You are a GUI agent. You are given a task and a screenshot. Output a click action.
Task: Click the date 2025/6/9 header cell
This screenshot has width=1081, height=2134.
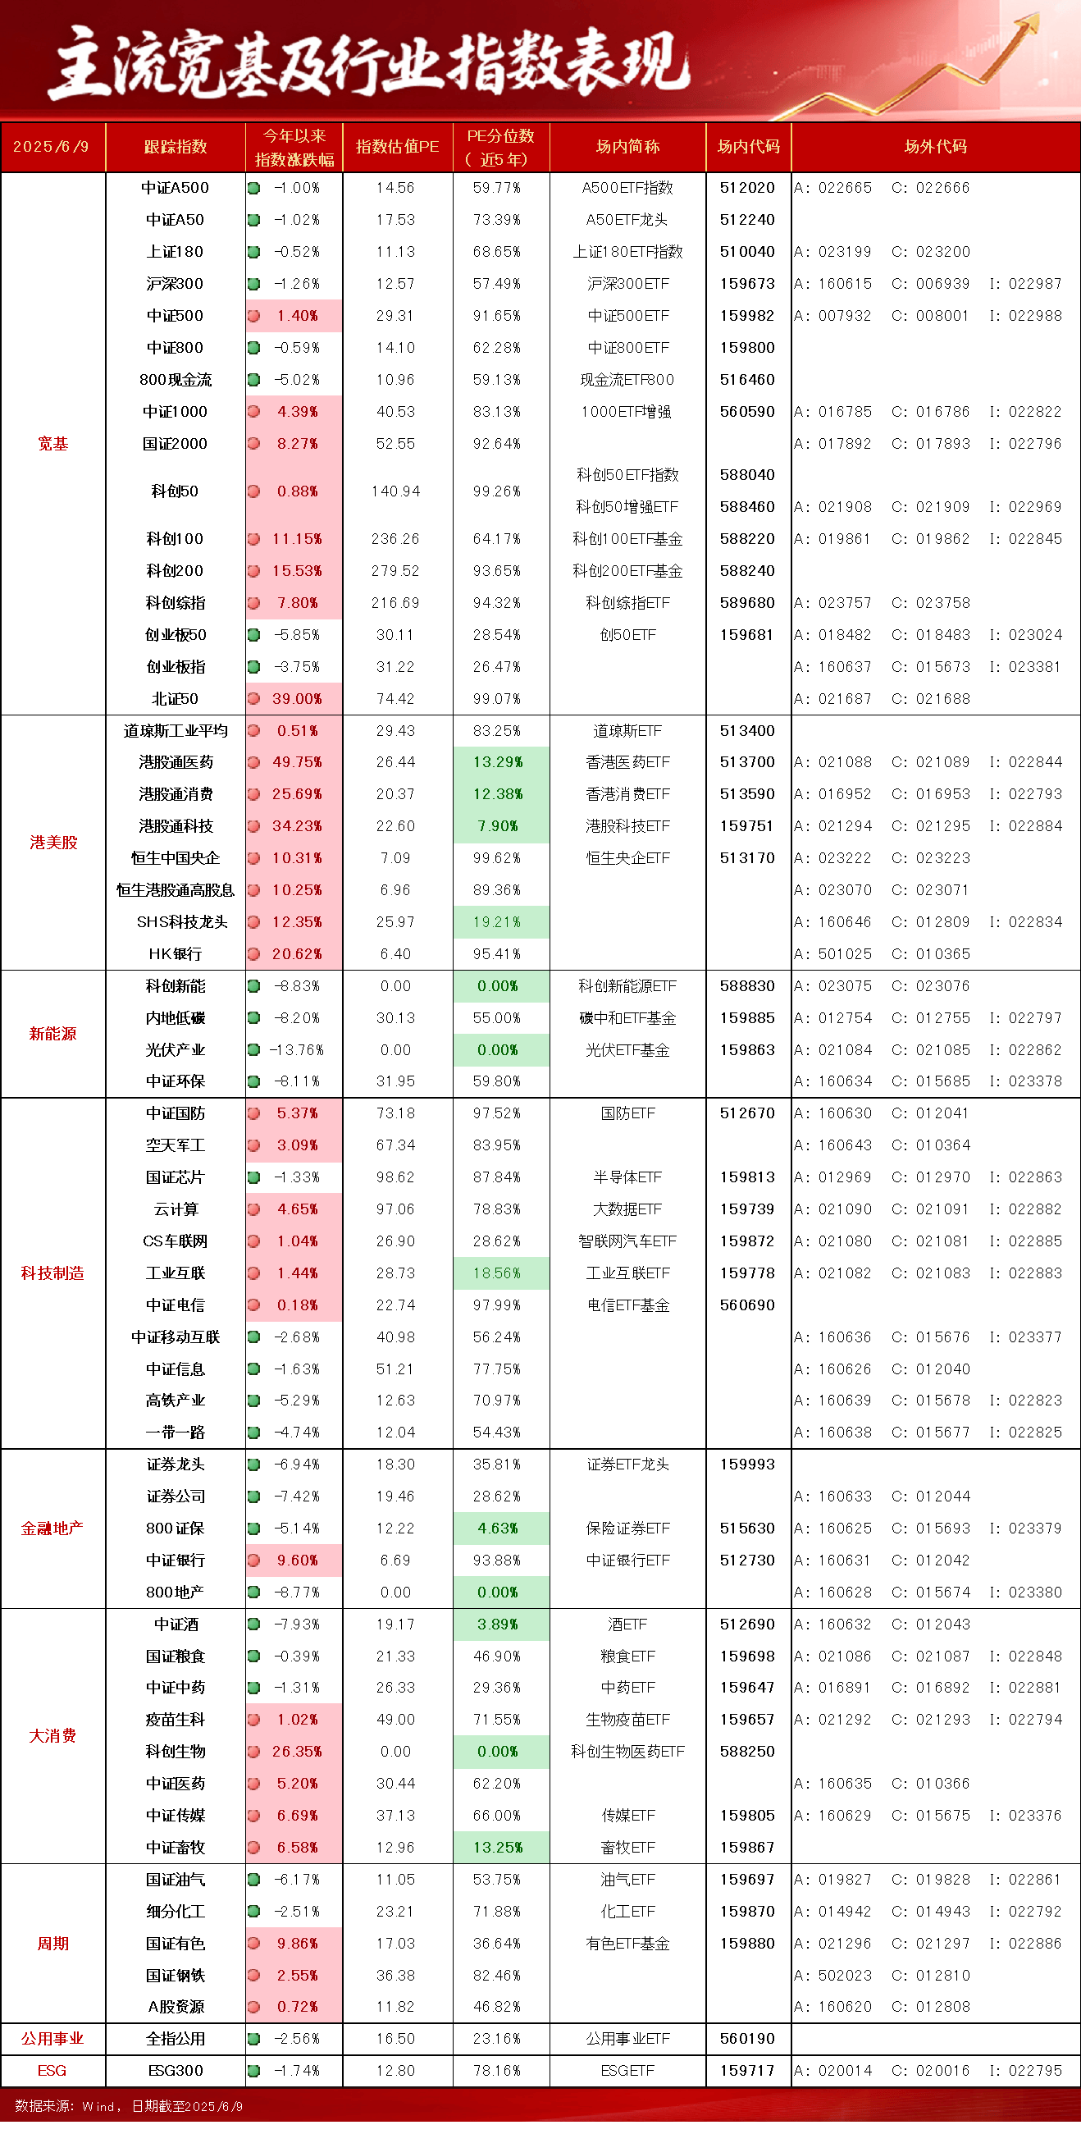(x=51, y=147)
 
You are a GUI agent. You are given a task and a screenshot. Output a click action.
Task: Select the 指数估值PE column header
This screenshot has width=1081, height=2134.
(x=397, y=147)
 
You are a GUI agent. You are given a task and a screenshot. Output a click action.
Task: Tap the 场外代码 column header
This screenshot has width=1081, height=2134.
(x=935, y=147)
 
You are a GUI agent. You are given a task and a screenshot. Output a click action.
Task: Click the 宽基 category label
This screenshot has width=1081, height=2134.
(x=53, y=443)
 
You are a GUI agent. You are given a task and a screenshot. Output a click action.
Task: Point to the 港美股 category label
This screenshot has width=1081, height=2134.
(x=53, y=843)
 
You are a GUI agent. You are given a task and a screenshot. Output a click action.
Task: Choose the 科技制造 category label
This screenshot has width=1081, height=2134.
(x=53, y=1273)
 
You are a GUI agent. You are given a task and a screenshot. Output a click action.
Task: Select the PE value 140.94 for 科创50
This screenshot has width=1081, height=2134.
(x=395, y=491)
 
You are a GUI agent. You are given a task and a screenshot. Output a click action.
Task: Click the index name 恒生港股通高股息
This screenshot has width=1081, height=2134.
(x=176, y=889)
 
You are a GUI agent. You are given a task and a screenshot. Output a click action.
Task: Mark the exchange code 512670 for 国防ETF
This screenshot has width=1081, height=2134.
(x=747, y=1113)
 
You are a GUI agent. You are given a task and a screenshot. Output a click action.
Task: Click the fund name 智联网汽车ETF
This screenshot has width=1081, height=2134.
(x=627, y=1241)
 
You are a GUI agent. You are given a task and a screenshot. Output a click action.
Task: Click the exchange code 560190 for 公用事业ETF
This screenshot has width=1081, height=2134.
(x=747, y=2039)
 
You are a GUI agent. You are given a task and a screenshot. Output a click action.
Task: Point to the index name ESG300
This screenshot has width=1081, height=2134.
(x=176, y=2070)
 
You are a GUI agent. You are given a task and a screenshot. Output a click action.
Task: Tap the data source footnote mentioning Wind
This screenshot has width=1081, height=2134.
(x=129, y=2107)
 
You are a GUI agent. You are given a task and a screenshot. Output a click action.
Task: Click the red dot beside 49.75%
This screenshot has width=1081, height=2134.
(x=254, y=762)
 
